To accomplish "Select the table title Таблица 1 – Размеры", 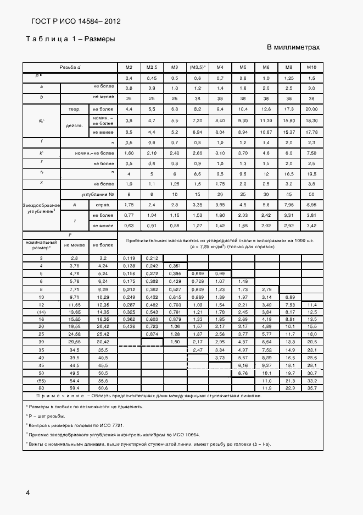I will point(71,39).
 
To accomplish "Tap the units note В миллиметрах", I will point(293,47).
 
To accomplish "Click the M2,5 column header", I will point(152,67).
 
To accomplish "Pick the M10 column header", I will point(311,67).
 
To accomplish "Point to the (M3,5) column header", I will point(197,67).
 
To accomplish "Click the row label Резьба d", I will point(70,67).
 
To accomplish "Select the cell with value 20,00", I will point(311,109).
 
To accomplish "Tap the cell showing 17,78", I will point(311,132).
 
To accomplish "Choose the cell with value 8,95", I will point(311,205).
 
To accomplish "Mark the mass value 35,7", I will point(311,388).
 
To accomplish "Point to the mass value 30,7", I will point(311,373).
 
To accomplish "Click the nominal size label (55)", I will point(41,381).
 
